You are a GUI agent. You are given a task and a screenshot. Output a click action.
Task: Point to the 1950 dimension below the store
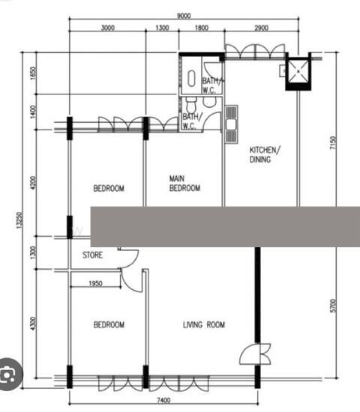95,283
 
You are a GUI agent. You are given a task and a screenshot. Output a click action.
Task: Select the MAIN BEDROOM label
184,184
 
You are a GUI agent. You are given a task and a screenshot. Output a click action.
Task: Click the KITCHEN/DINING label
265,154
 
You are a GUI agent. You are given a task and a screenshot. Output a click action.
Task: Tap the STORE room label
92,255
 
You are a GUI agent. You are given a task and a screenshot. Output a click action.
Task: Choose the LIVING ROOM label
204,324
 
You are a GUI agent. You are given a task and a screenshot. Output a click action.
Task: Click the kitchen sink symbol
231,118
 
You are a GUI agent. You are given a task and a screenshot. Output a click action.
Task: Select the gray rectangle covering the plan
225,226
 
